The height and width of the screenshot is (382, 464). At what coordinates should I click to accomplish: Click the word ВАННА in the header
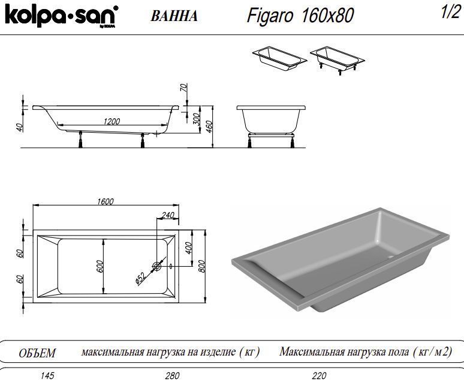(174, 16)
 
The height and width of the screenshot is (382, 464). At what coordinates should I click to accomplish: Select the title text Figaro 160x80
(300, 15)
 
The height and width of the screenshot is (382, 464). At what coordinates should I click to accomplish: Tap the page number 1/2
(449, 14)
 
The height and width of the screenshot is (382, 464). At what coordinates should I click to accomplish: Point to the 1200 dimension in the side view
(112, 121)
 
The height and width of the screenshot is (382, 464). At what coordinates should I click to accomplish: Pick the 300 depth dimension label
(196, 120)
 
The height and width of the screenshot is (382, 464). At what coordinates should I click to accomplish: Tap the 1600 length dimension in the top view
(105, 202)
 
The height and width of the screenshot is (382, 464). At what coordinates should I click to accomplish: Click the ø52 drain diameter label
(140, 277)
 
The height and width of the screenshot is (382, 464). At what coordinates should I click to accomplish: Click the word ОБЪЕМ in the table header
(37, 353)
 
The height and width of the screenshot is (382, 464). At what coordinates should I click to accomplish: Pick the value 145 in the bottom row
(46, 376)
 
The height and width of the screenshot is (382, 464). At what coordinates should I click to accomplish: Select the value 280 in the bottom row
(172, 376)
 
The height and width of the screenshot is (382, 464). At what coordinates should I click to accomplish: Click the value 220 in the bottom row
(319, 376)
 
